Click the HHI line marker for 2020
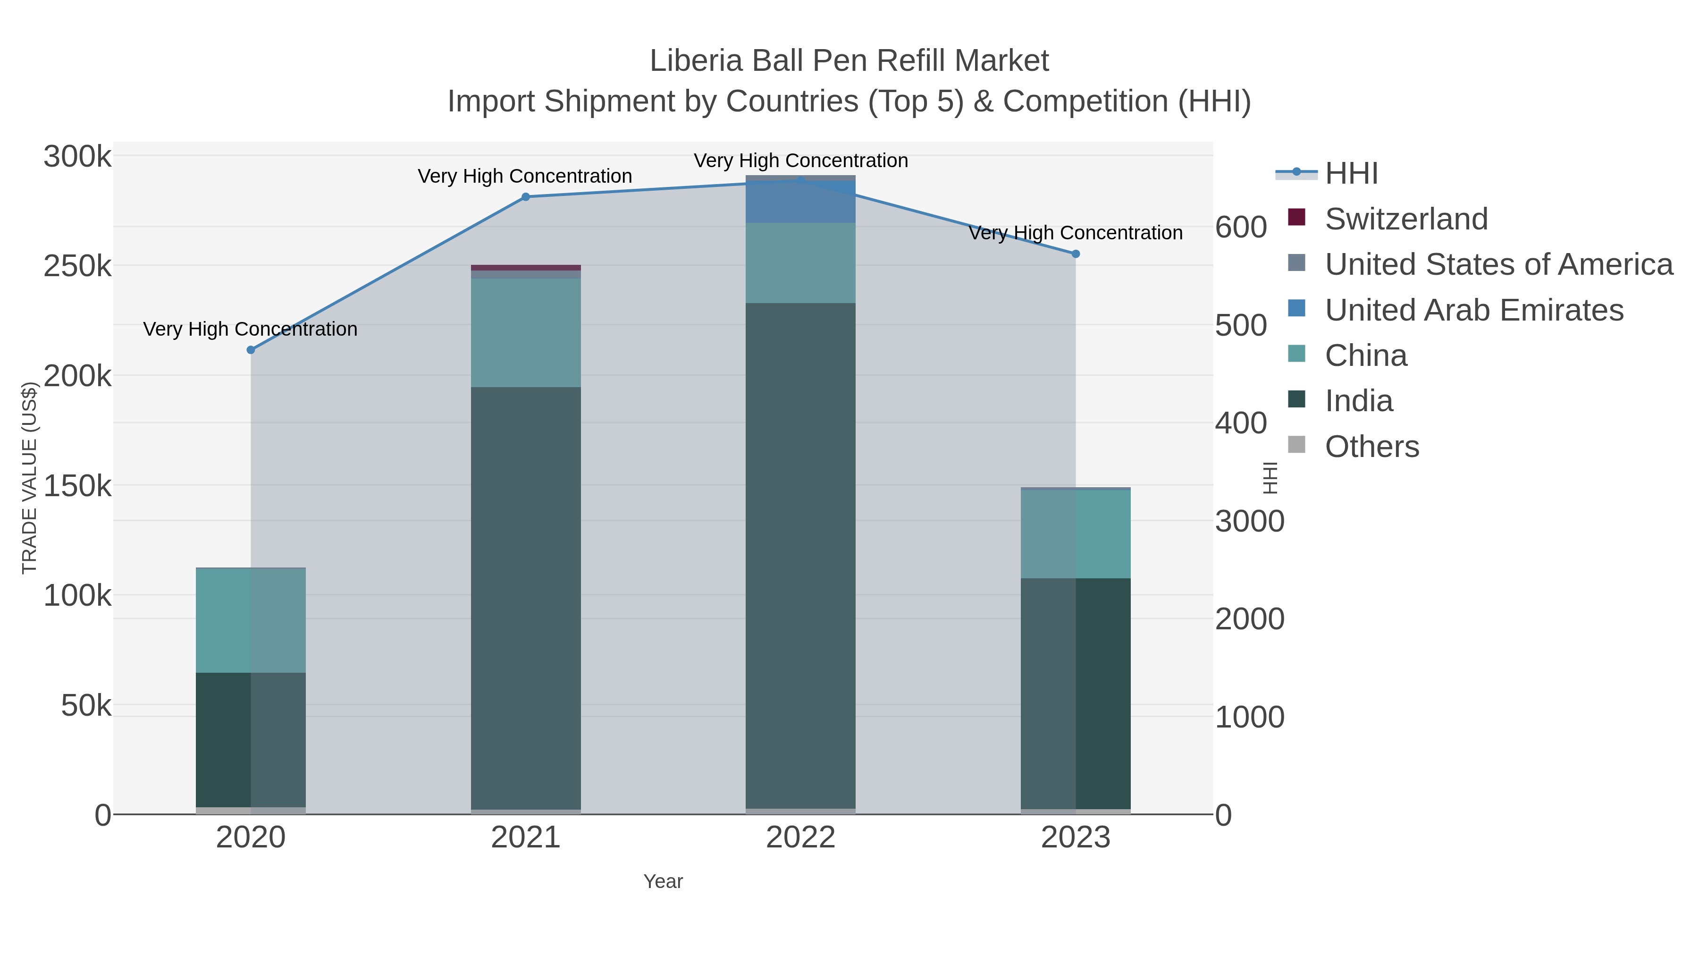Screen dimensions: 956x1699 click(x=251, y=350)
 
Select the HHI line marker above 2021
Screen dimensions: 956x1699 click(x=526, y=196)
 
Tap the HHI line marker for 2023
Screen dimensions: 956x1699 click(x=1076, y=254)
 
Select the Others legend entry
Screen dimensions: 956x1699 click(x=1372, y=447)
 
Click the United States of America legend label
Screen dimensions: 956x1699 click(x=1498, y=264)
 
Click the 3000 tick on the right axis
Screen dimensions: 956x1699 click(x=1249, y=521)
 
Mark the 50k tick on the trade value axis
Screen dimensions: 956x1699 click(x=86, y=706)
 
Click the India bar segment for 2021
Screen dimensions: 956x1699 click(x=526, y=594)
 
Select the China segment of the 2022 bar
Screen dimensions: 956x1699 click(x=801, y=262)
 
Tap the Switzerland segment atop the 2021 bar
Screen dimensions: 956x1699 click(x=526, y=268)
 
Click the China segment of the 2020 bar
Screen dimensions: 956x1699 click(x=251, y=620)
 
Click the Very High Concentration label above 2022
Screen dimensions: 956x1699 click(x=801, y=161)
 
